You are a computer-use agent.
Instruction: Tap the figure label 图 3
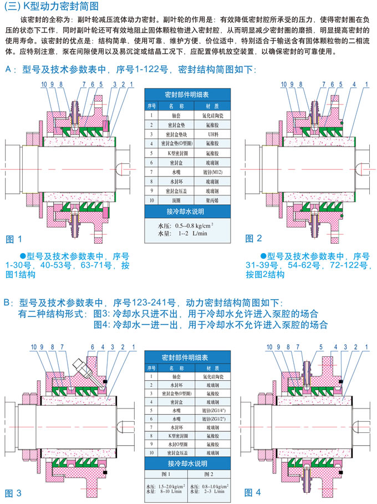coord(13,492)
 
